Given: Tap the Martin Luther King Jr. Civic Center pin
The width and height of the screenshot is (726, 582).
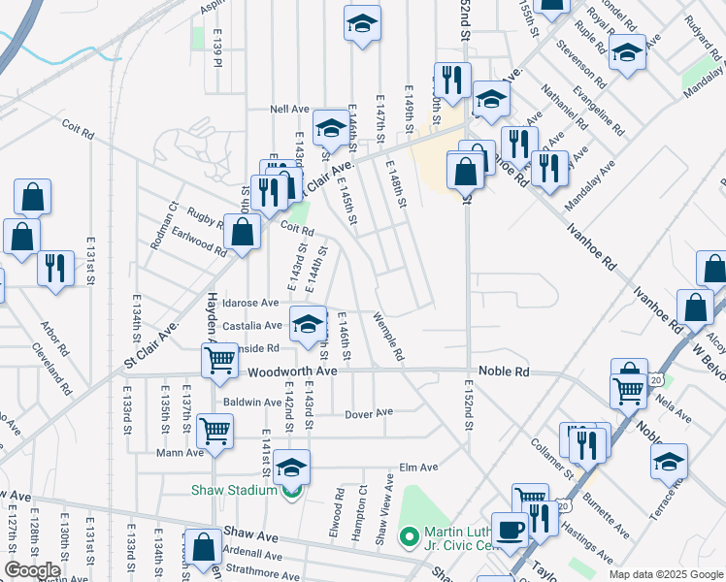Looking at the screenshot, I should click(x=410, y=535).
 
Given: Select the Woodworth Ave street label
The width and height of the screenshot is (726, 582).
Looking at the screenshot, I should click(x=291, y=372).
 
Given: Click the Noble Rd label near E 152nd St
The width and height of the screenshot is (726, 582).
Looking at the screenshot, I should click(x=504, y=372).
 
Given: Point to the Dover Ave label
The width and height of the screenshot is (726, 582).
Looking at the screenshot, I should click(x=369, y=413).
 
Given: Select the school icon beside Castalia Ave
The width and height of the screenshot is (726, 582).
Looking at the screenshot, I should click(x=309, y=323).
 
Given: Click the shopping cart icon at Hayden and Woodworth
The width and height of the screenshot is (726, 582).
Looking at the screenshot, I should click(x=220, y=360).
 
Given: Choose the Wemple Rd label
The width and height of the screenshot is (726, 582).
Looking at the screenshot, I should click(x=387, y=338).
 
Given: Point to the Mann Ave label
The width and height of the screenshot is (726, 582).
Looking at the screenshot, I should click(x=181, y=452).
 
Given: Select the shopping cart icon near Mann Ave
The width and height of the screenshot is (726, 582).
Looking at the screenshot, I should click(x=214, y=429).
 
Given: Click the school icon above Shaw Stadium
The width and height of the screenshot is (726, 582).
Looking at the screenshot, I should click(x=291, y=468).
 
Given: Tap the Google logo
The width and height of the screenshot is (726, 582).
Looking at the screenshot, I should click(x=32, y=569).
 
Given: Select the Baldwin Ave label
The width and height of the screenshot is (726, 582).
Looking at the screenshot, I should click(x=252, y=401).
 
